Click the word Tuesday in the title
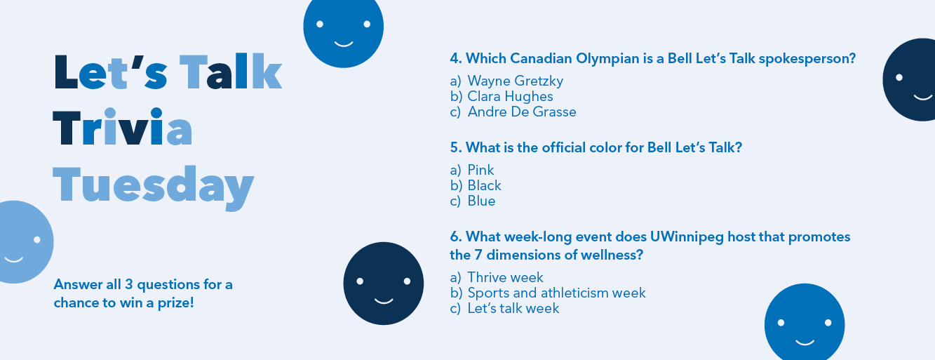coord(153,187)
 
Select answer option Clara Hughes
coord(510,96)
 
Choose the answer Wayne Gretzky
coord(515,81)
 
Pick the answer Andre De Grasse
coord(522,112)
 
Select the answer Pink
coord(480,170)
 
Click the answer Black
coord(484,185)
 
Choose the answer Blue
coord(481,201)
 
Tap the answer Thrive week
coord(505,277)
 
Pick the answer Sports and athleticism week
coord(556,293)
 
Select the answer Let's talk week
coord(513,308)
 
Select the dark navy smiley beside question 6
coord(383,284)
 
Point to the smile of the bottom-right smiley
coord(805,343)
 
